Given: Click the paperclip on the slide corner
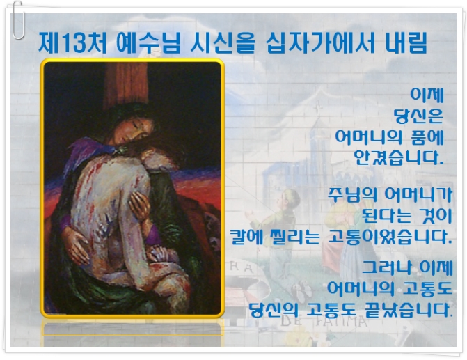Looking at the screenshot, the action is pos(18,20).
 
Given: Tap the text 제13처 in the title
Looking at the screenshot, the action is pos(72,43).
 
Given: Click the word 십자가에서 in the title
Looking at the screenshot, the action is pos(320,43).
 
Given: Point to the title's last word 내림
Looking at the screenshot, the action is pos(406,43).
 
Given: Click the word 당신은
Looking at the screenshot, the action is pos(418,116).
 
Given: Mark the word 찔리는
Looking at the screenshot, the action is pos(294,237).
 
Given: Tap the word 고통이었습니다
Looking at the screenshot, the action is pos(390,237).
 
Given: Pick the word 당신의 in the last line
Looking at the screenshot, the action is pos(274,310).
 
